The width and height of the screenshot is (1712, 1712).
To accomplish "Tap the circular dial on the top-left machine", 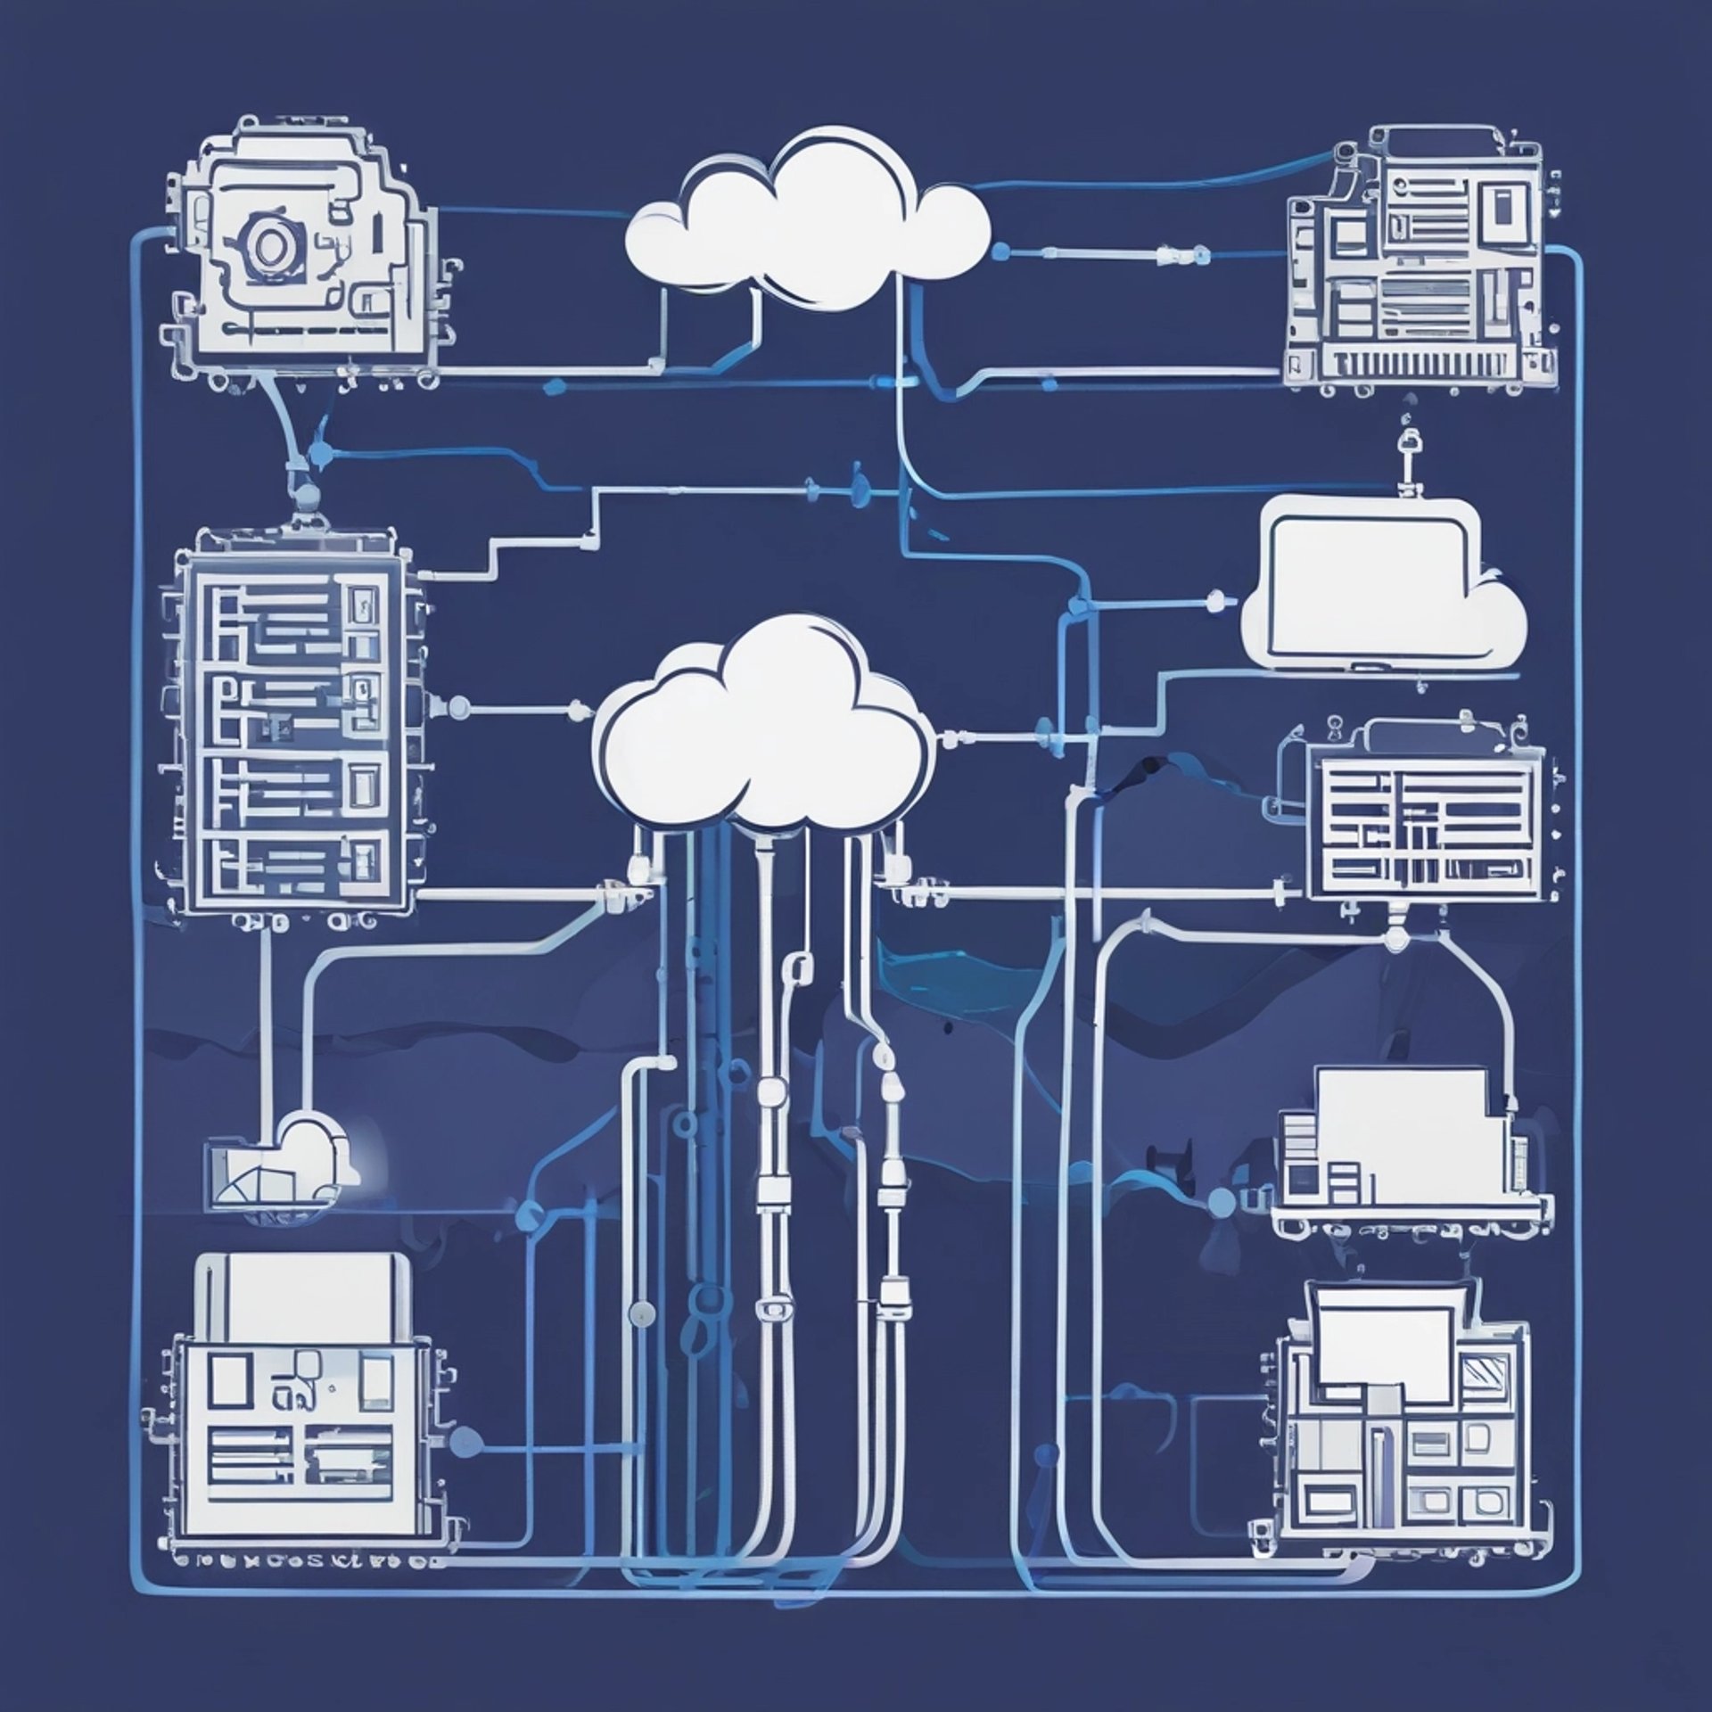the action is (266, 241).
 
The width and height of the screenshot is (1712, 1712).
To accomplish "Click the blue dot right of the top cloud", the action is (1000, 252).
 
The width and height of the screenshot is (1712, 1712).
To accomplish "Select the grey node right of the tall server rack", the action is (457, 709).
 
